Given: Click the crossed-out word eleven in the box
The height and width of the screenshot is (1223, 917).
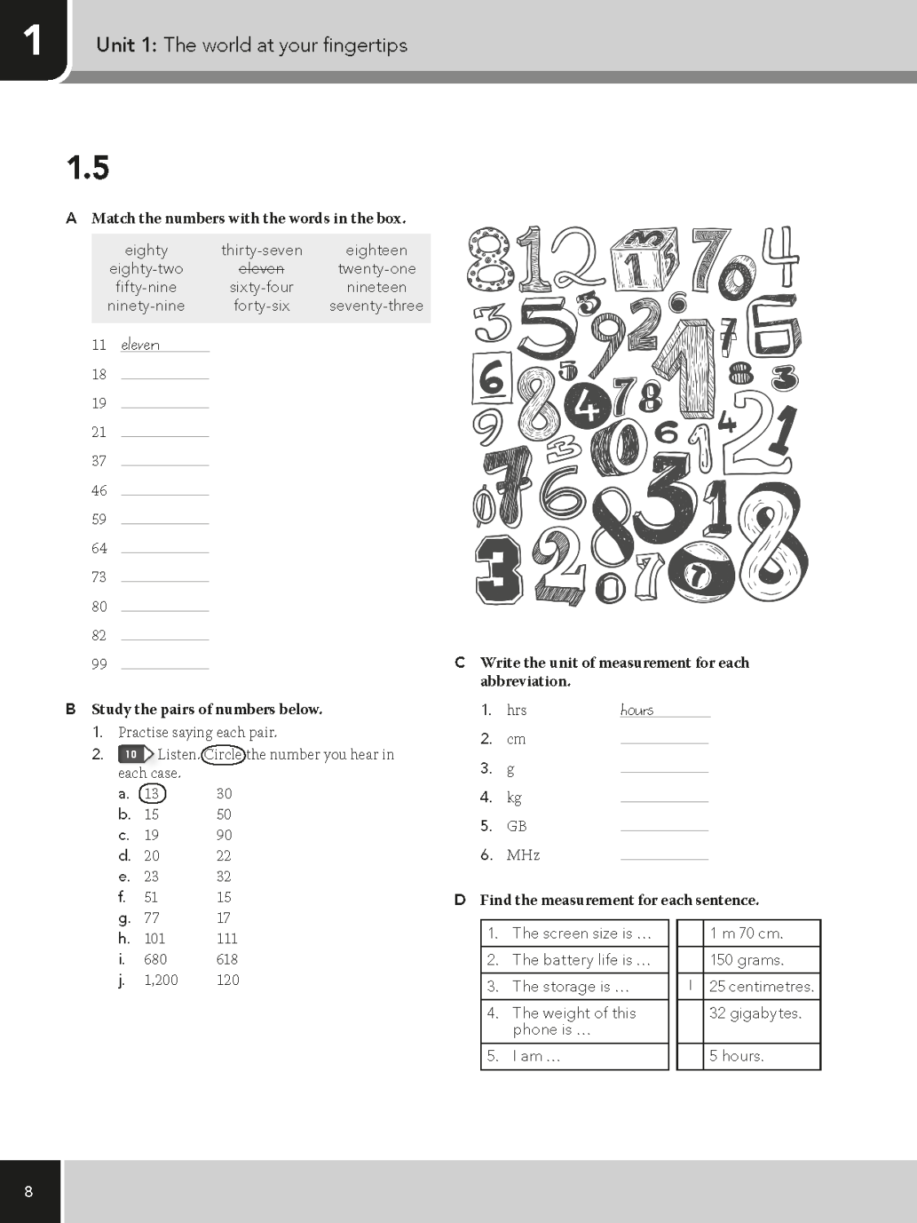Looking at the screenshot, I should (261, 268).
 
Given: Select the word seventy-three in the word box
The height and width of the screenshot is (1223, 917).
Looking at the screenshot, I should (376, 306).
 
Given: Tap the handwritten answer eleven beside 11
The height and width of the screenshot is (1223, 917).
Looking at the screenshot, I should (140, 345).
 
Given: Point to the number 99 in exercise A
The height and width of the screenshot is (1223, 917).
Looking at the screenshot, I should (99, 664).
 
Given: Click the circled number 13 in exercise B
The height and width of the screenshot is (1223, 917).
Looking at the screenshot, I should (152, 793).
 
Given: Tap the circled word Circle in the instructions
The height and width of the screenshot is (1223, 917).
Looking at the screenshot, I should (223, 754).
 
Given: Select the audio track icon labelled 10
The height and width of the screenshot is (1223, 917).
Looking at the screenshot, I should (133, 754).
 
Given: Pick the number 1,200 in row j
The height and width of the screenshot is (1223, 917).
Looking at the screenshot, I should (161, 980).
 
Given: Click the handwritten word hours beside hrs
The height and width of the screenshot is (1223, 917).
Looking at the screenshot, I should (637, 710).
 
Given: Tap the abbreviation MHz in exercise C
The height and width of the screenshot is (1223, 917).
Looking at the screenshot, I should (522, 855).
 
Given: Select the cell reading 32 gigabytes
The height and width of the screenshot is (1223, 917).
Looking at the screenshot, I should (755, 1013).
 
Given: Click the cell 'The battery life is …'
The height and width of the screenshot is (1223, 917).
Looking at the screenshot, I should (580, 960).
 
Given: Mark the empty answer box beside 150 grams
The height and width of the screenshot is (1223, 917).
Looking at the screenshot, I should (690, 960).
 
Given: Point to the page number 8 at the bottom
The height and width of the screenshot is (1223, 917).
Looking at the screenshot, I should (29, 1192).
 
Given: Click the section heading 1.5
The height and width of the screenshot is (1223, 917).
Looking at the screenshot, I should (87, 168).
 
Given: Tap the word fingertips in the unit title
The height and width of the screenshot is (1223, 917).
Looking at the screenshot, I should (364, 45).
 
